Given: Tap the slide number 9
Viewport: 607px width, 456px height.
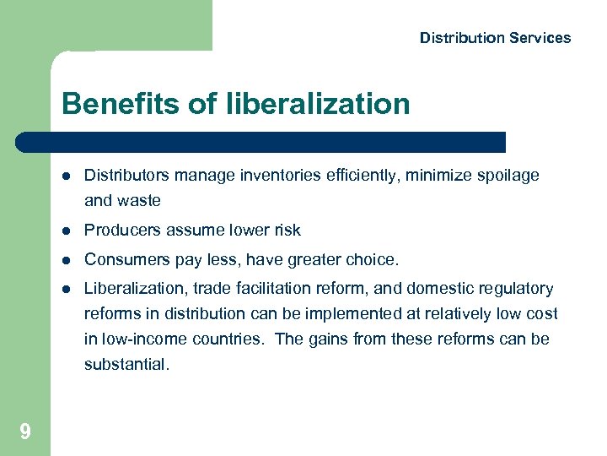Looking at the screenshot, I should (x=25, y=432).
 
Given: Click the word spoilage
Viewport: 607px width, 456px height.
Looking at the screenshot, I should (x=507, y=176).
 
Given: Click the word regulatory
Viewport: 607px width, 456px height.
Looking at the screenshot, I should (x=516, y=289).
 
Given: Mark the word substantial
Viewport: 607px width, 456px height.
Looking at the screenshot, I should (x=126, y=366).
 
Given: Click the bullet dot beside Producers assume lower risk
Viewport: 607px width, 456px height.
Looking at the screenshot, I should (x=65, y=231).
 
